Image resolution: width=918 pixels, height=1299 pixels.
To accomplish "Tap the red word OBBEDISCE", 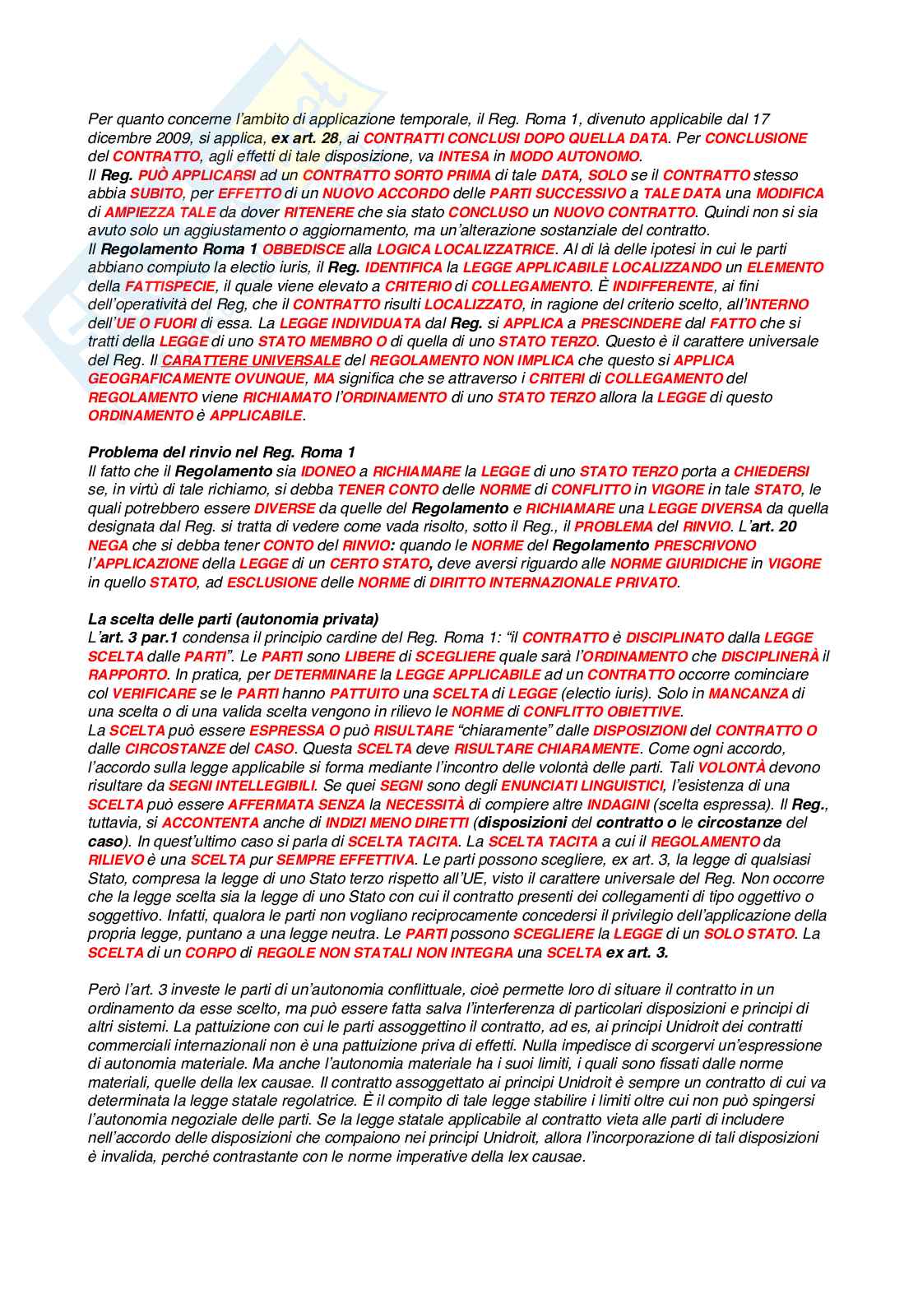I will click(304, 249).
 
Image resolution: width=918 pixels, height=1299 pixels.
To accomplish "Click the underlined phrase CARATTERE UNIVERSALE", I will click(251, 360).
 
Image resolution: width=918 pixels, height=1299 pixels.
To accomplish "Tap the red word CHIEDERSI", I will click(771, 471).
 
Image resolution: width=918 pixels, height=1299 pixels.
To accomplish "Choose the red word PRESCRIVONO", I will click(704, 545).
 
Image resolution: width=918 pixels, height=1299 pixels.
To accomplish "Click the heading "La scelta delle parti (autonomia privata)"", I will click(233, 619).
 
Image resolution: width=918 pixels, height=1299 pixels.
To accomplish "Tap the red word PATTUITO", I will click(341, 694).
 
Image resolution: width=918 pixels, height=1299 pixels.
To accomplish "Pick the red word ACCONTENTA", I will click(211, 823).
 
